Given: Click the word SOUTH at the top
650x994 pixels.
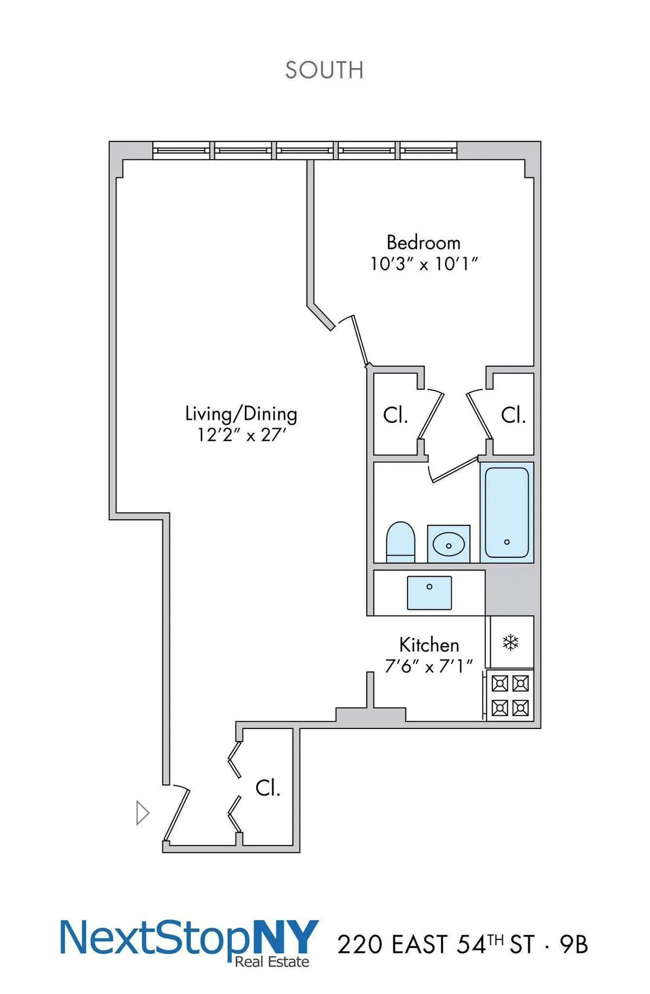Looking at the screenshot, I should pos(324,70).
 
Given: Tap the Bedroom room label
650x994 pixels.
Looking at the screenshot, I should pos(423,242).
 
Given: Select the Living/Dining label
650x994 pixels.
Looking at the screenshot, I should pos(241,414).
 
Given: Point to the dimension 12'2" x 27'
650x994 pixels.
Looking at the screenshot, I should pos(241,435).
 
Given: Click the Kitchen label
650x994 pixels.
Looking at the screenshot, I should pos(429,645).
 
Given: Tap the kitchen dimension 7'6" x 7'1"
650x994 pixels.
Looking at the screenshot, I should pos(429,666).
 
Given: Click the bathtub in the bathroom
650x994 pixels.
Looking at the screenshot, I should pos(506,512).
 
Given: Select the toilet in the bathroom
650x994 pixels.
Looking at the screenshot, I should pos(400,543).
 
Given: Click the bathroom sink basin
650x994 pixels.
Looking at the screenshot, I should pos(448,544).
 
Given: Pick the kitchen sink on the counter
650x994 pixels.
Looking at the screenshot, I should pos(429,592).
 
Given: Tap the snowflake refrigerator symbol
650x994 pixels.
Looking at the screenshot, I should pos(511,643).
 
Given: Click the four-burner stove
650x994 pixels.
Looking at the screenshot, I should pos(510,695).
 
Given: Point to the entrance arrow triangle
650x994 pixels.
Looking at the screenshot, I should pos(142,813).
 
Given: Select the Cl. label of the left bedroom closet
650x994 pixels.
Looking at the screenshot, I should pos(395,416).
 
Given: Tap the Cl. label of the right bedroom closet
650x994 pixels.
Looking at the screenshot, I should pos(512,416).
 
